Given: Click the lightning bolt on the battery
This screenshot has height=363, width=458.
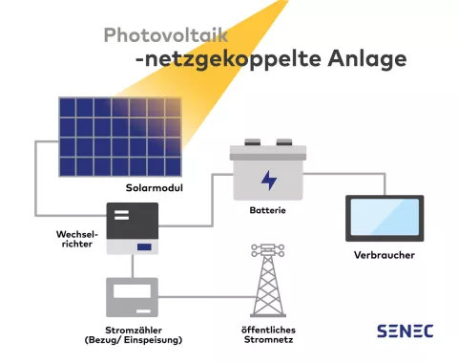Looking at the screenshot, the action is click(271, 179).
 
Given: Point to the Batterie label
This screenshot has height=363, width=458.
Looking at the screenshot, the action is click(267, 210).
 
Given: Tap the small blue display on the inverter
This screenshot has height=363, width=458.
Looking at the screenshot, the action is click(145, 247).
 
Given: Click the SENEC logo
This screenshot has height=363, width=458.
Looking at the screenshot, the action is click(405, 331).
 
